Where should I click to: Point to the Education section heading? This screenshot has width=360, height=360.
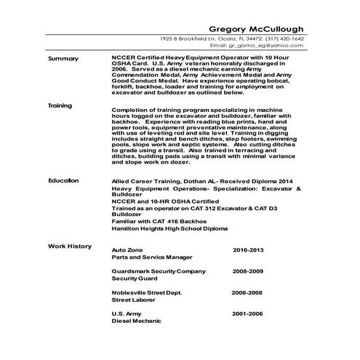(63, 178)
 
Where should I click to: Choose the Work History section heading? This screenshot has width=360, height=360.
(70, 246)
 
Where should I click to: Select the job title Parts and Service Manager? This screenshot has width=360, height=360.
(152, 257)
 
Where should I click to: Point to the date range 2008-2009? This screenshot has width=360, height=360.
(248, 271)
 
